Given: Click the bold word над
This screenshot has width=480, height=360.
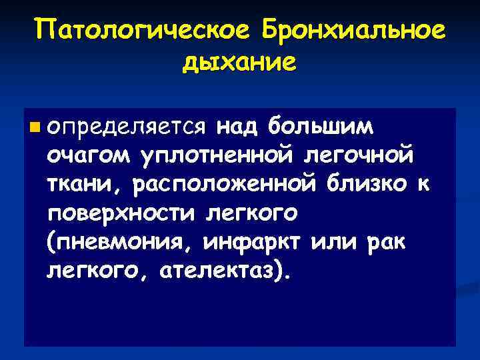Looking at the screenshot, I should point(239,126).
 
